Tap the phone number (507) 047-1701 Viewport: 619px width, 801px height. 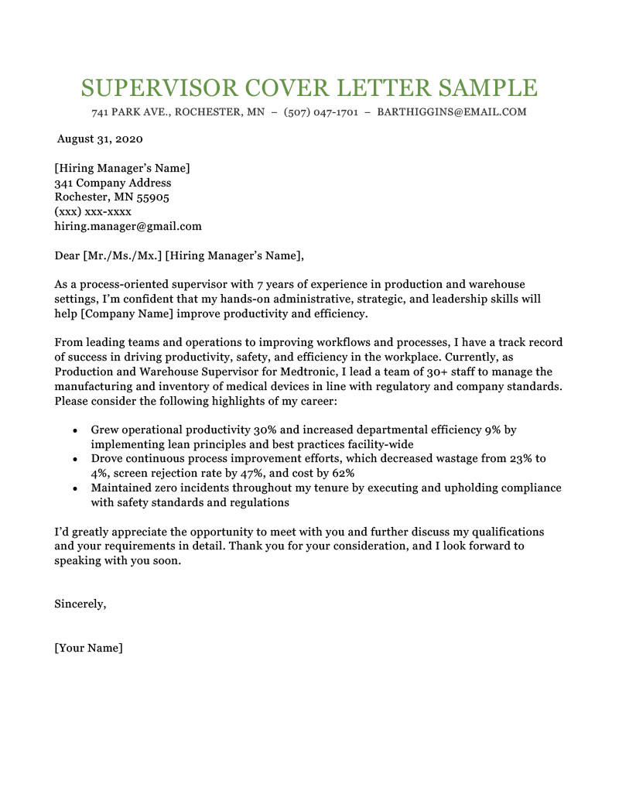coord(321,112)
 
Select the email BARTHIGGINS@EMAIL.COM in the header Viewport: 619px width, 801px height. coord(452,112)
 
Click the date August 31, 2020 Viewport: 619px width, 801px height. coord(101,140)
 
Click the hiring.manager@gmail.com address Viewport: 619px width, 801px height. coord(128,227)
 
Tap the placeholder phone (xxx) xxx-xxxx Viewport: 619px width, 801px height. coord(93,212)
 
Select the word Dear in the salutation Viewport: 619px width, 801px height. coord(67,256)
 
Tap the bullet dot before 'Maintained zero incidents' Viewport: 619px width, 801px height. coord(74,488)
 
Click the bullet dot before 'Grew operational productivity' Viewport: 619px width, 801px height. coord(74,430)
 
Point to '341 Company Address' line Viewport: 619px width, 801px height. coord(113,183)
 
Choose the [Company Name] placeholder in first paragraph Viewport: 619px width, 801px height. coord(128,313)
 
